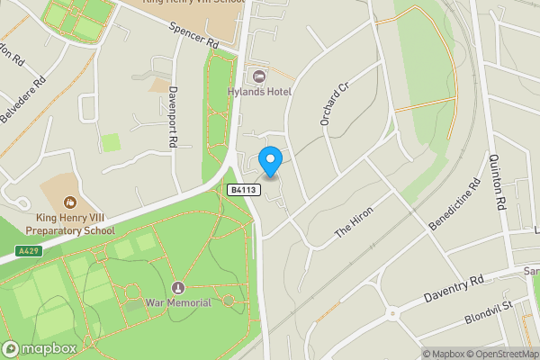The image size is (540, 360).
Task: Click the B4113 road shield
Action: click(x=244, y=190)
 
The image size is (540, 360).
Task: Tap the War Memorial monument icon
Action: click(x=177, y=288)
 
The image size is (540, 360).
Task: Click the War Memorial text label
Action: click(x=178, y=303)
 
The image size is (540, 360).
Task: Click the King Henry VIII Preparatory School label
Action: click(x=76, y=223)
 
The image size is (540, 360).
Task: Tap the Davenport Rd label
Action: click(x=172, y=118)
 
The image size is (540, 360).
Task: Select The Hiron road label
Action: click(x=354, y=220)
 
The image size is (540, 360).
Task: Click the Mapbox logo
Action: click(x=39, y=348)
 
